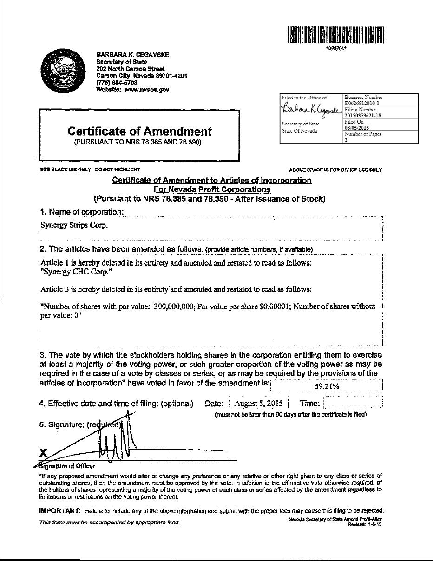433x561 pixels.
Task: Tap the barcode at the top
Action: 336,35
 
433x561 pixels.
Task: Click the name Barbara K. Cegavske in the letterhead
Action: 132,54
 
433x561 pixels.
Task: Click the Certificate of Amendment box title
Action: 139,131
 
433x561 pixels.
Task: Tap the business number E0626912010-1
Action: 362,103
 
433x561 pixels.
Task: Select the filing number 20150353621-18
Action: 363,116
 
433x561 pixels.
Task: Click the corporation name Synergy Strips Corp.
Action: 74,225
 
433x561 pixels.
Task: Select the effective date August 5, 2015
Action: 259,404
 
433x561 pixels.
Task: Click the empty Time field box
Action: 353,403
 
